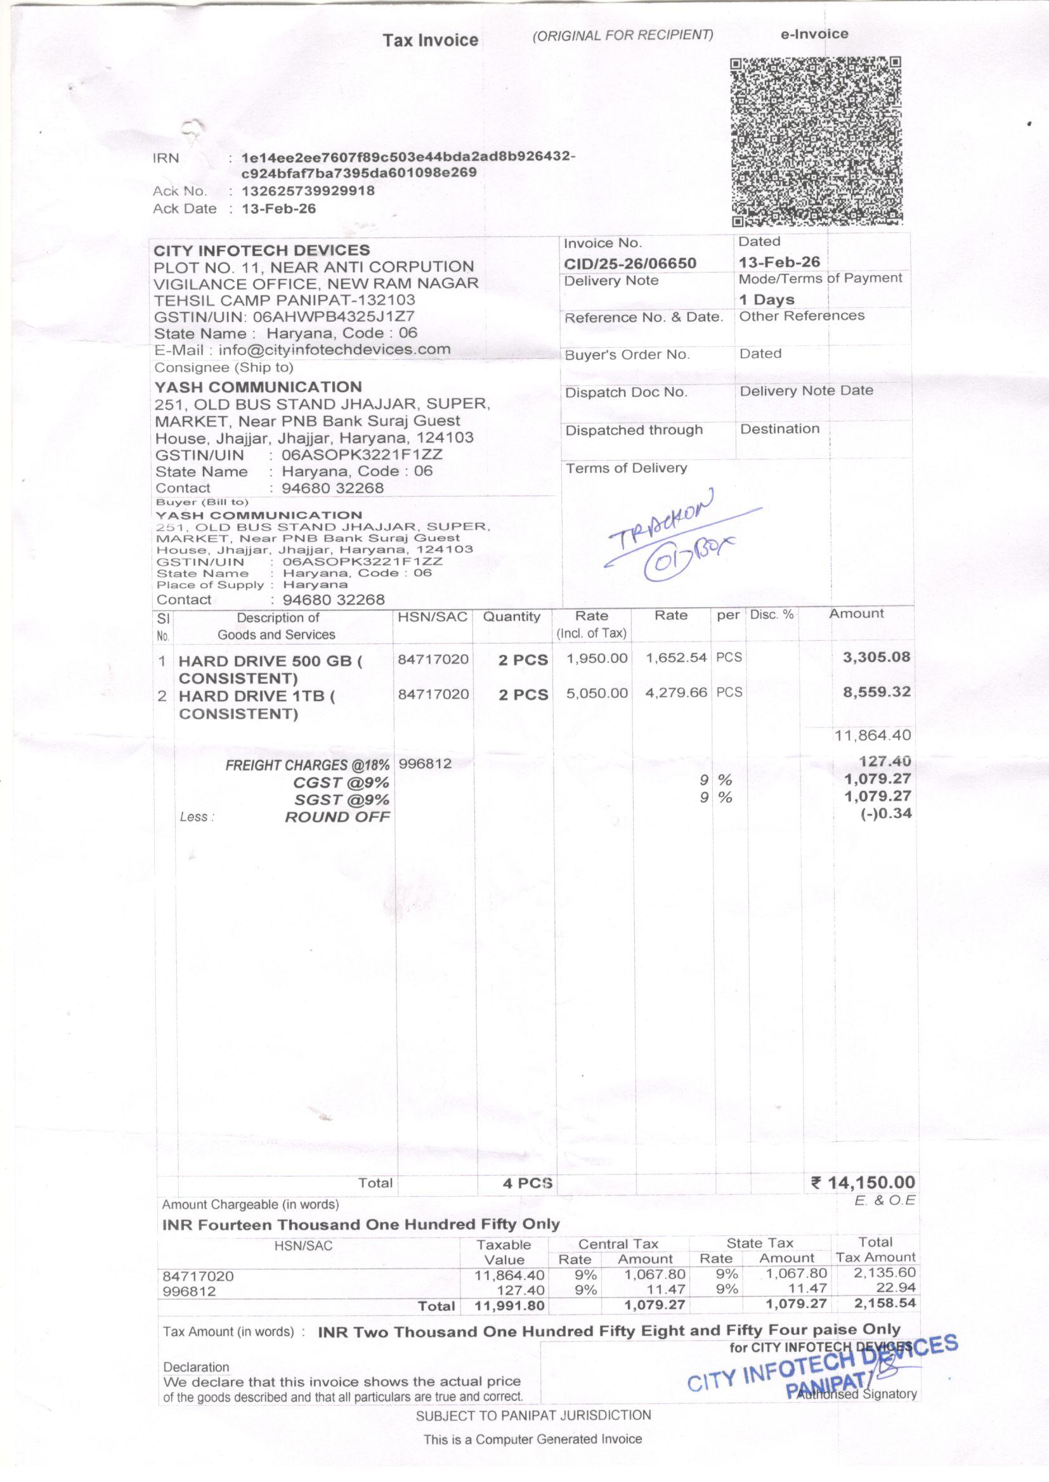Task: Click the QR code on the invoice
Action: coord(816,142)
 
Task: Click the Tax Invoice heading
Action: coord(430,40)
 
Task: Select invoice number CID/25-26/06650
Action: coord(630,263)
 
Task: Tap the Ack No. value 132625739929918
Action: coord(308,191)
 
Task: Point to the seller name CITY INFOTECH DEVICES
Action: coord(261,250)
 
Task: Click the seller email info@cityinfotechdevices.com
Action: coord(334,350)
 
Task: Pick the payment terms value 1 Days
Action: coord(767,299)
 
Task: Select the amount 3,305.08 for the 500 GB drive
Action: coord(876,657)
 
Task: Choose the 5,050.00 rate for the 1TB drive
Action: coord(597,693)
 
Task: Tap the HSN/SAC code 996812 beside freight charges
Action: coord(425,764)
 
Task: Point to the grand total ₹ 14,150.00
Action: coord(863,1183)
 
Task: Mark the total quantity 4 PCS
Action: coord(527,1183)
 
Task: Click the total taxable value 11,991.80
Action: coord(510,1306)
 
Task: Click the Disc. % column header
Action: coord(771,614)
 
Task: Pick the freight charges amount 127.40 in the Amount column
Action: coord(885,762)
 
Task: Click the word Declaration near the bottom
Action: coord(197,1367)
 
